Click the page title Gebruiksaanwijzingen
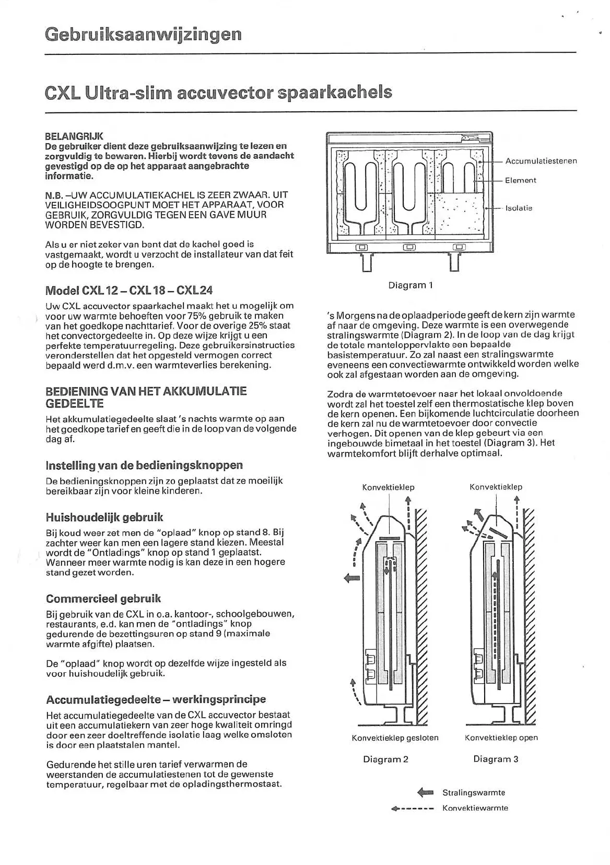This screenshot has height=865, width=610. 143,34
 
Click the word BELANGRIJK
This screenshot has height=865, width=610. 74,136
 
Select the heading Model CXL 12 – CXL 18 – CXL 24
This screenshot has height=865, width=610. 129,290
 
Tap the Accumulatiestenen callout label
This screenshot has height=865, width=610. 541,161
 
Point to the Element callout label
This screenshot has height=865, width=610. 520,180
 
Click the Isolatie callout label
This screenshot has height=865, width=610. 519,208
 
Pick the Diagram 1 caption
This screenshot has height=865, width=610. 410,285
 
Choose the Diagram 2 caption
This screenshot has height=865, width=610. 385,759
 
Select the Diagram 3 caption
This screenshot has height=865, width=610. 496,759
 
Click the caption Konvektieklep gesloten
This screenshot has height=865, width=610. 395,738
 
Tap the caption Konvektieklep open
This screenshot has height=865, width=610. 501,738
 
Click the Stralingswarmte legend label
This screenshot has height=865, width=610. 474,792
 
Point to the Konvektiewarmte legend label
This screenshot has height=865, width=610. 475,808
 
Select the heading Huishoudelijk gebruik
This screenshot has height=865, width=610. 104,517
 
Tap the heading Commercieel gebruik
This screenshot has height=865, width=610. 103,599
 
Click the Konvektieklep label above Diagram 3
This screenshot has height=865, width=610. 496,487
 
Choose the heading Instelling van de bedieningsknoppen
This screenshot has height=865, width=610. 144,465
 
